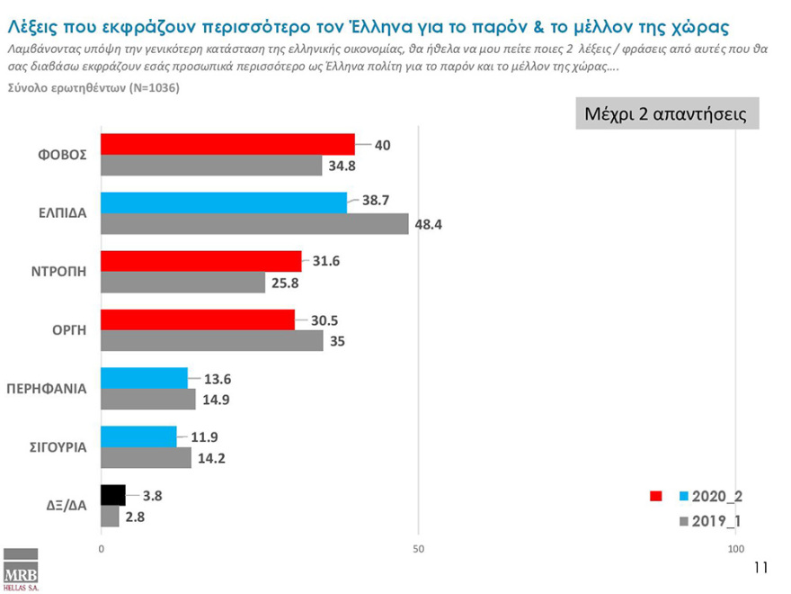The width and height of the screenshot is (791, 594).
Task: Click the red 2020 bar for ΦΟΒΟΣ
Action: click(227, 144)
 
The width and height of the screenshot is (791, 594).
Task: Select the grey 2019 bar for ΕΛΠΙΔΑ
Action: click(254, 224)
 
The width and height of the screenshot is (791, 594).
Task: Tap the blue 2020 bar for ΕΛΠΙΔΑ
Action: click(224, 202)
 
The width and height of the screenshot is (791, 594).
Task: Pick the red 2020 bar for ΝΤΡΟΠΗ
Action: click(200, 261)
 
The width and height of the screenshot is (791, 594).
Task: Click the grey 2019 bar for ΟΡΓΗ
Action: click(211, 341)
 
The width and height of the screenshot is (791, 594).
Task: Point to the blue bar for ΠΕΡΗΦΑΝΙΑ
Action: click(144, 378)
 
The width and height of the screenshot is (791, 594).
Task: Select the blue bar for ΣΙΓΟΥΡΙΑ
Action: click(138, 436)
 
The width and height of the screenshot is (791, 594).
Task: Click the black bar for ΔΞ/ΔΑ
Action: click(113, 495)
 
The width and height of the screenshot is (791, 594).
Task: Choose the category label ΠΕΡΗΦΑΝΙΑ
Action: click(46, 390)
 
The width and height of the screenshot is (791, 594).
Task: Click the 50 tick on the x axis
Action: click(418, 548)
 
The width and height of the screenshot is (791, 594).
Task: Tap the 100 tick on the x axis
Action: click(735, 548)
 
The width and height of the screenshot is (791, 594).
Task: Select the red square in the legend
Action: click(656, 496)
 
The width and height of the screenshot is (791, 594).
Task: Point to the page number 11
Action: click(760, 568)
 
